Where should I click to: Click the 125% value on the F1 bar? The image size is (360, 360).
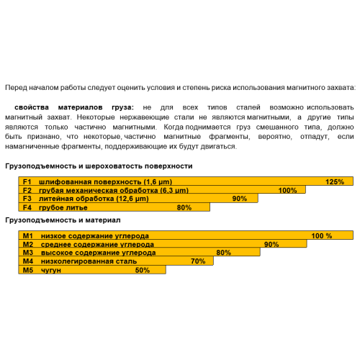pyautogui.click(x=335, y=181)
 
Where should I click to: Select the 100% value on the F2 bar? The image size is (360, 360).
pyautogui.click(x=287, y=190)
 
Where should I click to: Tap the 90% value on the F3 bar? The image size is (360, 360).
pyautogui.click(x=240, y=199)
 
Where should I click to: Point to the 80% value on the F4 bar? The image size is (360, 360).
pyautogui.click(x=184, y=207)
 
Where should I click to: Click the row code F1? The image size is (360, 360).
pyautogui.click(x=28, y=181)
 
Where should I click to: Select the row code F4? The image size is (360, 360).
pyautogui.click(x=28, y=207)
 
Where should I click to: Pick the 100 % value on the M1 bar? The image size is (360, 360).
pyautogui.click(x=321, y=235)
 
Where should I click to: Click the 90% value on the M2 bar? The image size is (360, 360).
pyautogui.click(x=271, y=244)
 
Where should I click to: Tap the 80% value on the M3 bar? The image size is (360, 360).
pyautogui.click(x=223, y=253)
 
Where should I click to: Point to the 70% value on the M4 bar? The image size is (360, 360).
pyautogui.click(x=198, y=261)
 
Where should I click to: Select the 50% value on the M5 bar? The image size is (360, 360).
pyautogui.click(x=142, y=270)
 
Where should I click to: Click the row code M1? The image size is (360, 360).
pyautogui.click(x=29, y=235)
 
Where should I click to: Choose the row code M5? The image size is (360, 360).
pyautogui.click(x=29, y=270)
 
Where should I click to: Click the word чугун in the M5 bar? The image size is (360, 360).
pyautogui.click(x=52, y=270)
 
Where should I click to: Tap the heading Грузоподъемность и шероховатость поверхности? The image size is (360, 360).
pyautogui.click(x=99, y=166)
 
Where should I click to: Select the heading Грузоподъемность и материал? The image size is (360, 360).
pyautogui.click(x=62, y=219)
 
